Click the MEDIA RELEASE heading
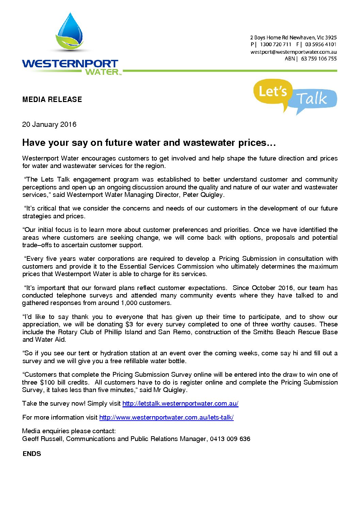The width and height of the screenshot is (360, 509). point(52,100)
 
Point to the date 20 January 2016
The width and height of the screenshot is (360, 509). point(49,124)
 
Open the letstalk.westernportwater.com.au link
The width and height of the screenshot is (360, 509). point(180,404)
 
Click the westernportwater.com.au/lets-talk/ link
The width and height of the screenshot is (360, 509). point(166,418)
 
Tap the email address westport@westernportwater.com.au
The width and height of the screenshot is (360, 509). point(293,52)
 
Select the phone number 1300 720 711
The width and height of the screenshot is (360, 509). point(276,45)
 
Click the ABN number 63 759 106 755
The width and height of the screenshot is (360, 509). point(318,59)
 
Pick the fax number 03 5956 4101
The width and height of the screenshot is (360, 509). point(321,45)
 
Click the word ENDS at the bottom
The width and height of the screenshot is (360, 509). point(32,454)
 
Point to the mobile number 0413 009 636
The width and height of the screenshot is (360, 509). point(230,439)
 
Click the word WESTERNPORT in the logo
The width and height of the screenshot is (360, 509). point(70,64)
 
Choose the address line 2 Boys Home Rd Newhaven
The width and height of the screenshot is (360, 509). point(293,38)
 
